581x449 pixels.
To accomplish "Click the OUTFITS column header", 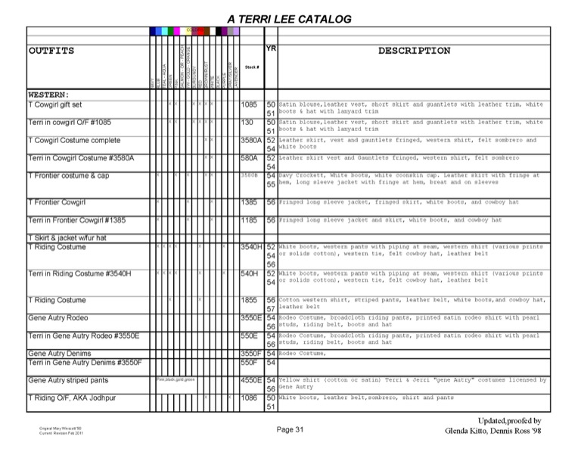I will (51, 51).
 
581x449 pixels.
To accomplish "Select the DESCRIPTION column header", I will (414, 51).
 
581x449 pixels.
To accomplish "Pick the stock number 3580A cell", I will (251, 140).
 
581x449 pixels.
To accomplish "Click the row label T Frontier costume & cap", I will (68, 176).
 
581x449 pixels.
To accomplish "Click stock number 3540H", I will (251, 247).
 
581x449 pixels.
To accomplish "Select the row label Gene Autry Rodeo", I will (57, 317).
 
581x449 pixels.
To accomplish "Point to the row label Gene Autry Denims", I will (60, 353).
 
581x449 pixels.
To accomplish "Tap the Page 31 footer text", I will (290, 429).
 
